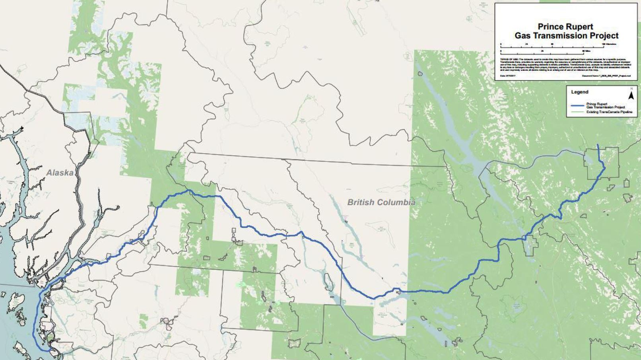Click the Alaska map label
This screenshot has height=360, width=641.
coord(60,173)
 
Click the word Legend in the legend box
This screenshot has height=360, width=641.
coord(580,92)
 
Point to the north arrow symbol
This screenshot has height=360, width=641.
coord(631,95)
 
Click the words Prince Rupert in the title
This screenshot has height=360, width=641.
coord(565,27)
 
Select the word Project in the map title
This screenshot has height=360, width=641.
coord(604,35)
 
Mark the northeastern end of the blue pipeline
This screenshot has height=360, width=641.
coord(598,145)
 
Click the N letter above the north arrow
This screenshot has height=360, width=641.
coord(631,89)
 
